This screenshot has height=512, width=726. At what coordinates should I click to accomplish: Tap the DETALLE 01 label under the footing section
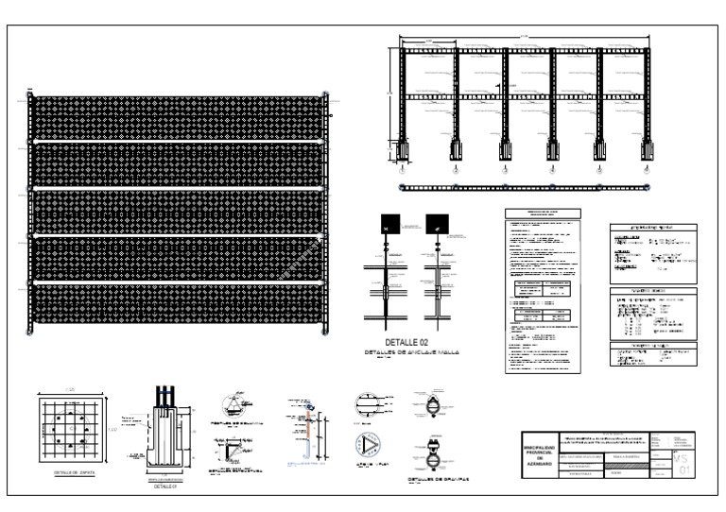pyautogui.click(x=165, y=486)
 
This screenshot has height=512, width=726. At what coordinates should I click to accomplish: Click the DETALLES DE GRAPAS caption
pyautogui.click(x=439, y=480)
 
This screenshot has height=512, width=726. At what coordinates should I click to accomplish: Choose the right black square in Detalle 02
pyautogui.click(x=437, y=224)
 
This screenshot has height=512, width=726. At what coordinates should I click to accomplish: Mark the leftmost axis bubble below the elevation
pyautogui.click(x=404, y=171)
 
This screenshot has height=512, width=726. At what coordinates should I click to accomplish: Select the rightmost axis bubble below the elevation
pyautogui.click(x=647, y=171)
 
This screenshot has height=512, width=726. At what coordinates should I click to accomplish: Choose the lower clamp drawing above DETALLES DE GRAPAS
pyautogui.click(x=434, y=456)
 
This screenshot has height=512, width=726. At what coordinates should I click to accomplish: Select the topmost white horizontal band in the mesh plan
pyautogui.click(x=178, y=142)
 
